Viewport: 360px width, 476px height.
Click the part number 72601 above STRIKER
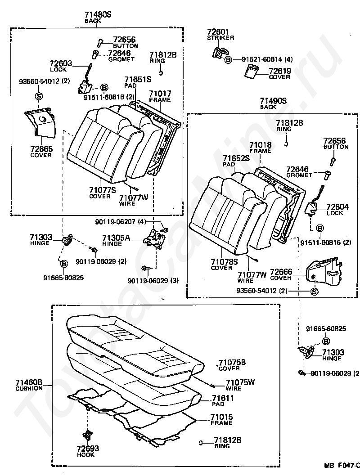click(218, 32)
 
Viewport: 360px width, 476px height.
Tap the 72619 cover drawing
click(251, 72)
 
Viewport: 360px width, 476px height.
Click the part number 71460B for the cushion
click(29, 382)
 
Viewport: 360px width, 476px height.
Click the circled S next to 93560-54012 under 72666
click(315, 292)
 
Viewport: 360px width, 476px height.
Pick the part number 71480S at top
click(98, 14)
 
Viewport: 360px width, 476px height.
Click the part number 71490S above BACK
click(273, 101)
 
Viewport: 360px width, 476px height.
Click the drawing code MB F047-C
click(342, 465)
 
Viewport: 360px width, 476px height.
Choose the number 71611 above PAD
click(223, 398)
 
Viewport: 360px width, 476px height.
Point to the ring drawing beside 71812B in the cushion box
click(201, 443)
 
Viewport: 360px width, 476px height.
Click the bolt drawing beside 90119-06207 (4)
click(166, 230)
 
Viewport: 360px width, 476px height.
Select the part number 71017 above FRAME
click(160, 94)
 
